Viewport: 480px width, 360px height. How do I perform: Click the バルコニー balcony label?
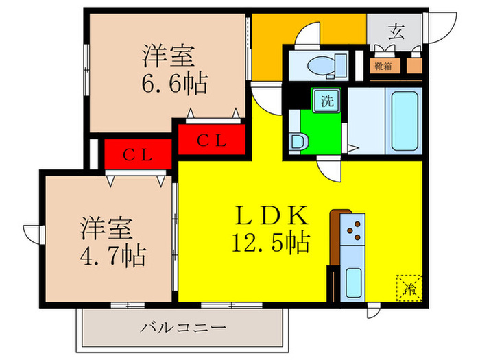coord(184,328)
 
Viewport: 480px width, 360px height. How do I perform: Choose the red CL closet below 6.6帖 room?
coord(212,139)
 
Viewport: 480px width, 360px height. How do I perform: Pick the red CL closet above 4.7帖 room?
coord(137,154)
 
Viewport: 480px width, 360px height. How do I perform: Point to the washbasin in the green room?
coord(298,142)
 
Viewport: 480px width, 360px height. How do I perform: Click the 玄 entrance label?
coord(396,30)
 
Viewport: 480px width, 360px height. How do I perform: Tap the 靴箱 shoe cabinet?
coord(383,66)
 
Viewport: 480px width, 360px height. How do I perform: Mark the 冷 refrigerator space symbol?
coord(409,287)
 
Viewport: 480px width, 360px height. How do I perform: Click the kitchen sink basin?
coord(354,282)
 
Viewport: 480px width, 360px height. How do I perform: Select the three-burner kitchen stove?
coord(355,230)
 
